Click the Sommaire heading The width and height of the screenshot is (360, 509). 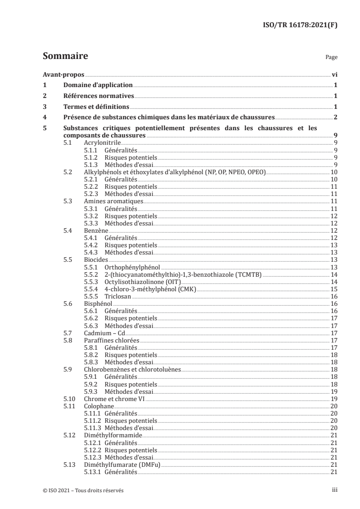point(65,56)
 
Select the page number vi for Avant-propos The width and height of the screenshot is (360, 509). point(334,74)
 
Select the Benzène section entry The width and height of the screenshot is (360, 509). point(96,230)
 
